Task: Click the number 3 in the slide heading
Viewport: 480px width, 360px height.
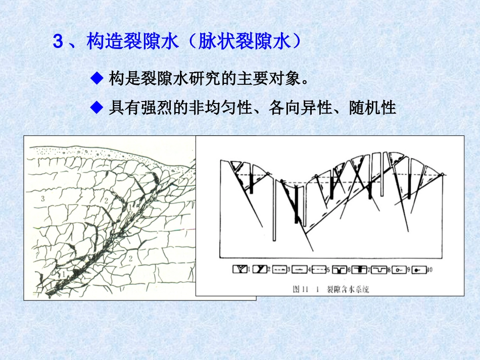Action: tap(58, 42)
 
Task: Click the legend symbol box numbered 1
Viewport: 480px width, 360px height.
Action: tap(240, 270)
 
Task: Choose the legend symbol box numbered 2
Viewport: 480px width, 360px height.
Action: tap(260, 270)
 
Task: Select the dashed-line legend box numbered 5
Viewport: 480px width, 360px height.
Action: tap(319, 270)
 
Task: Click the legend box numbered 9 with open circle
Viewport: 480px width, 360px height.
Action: tap(400, 270)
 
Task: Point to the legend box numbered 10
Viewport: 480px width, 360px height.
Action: tap(419, 270)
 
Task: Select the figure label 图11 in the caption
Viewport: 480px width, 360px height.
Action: tap(301, 289)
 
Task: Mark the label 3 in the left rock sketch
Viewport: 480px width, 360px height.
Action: tap(43, 199)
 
